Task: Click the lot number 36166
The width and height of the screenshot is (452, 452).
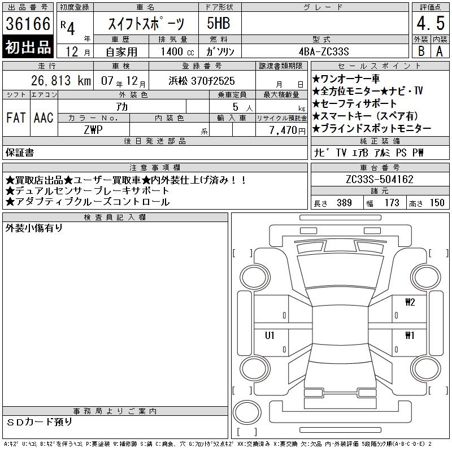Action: tap(28, 23)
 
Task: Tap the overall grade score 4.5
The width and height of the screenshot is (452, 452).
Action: tap(431, 23)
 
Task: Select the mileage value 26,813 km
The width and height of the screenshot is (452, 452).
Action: tap(61, 80)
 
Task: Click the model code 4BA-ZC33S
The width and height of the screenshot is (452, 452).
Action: tap(324, 51)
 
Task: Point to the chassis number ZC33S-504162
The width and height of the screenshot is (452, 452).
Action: tap(380, 179)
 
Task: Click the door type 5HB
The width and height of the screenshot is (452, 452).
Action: tap(219, 23)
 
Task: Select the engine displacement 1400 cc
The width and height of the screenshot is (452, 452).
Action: tap(177, 51)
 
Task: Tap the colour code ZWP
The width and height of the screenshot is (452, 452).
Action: tap(93, 130)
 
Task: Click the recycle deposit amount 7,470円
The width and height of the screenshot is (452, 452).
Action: tap(288, 130)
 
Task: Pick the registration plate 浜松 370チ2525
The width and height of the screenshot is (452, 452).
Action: tap(202, 81)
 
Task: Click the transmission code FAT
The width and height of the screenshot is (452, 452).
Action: tap(16, 118)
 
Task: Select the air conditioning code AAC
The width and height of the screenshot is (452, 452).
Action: tap(44, 118)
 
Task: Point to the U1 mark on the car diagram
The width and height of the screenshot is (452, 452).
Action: tap(270, 335)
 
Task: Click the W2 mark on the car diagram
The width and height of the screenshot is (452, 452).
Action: tap(410, 302)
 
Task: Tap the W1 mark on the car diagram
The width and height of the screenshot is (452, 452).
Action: tap(410, 335)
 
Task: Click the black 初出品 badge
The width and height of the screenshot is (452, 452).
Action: tap(28, 47)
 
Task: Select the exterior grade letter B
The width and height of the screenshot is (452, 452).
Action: tap(421, 51)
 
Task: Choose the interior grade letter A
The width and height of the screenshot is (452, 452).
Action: tap(440, 51)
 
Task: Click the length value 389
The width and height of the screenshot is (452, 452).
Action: tap(344, 203)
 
